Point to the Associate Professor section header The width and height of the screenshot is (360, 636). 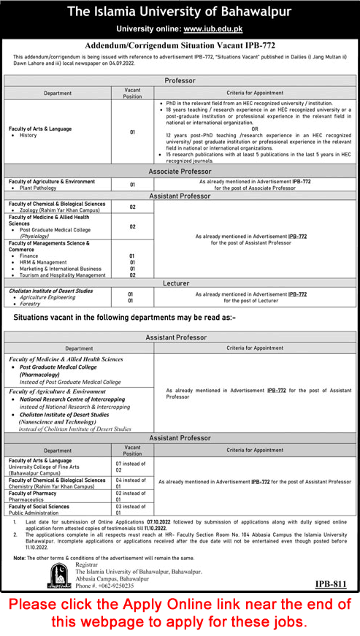click(180, 170)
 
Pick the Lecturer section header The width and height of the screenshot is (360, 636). click(180, 282)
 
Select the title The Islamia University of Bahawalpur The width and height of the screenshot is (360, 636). click(180, 12)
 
